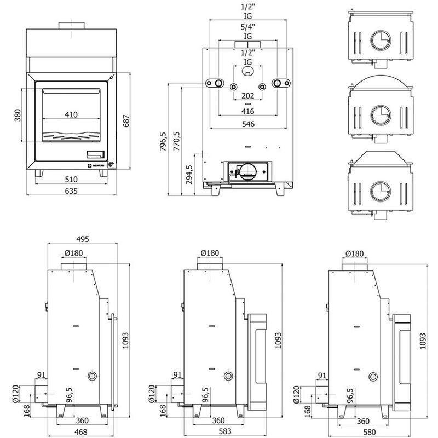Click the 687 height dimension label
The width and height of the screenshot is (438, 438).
(x=126, y=121)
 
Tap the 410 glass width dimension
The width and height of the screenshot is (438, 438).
(x=71, y=114)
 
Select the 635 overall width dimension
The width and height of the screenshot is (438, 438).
(x=71, y=191)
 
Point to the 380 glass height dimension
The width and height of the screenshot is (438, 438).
(x=18, y=115)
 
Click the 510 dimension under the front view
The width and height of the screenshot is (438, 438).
(x=71, y=180)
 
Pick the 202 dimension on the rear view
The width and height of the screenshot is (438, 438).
(x=248, y=96)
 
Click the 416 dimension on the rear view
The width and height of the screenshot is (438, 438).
(x=248, y=112)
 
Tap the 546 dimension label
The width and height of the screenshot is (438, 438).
(x=248, y=124)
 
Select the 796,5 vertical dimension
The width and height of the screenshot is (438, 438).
(x=163, y=141)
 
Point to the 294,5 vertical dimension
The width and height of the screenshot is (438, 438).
(x=189, y=174)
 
